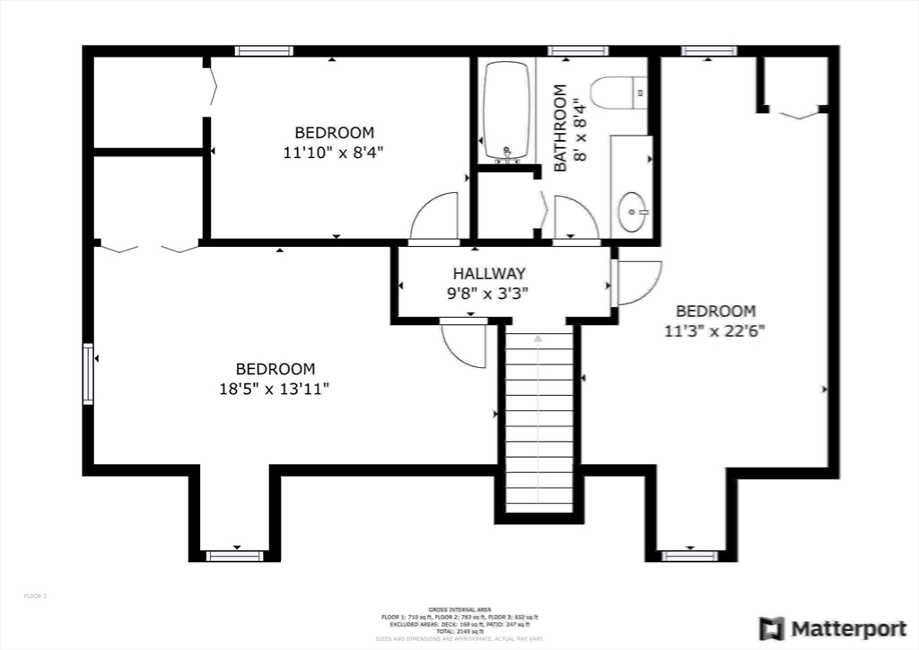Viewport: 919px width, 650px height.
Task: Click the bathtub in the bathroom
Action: pos(508,112)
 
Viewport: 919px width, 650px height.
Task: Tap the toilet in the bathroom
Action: pos(619,93)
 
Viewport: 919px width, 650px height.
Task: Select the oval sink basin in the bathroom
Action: pos(634,212)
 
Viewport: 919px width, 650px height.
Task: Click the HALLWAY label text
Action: pos(489,273)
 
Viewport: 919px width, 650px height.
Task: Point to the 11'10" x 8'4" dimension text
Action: pos(334,153)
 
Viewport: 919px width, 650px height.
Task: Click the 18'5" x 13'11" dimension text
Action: pos(276,389)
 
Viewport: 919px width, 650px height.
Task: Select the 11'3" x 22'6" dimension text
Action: pos(714,329)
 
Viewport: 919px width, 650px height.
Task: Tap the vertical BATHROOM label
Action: pos(560,127)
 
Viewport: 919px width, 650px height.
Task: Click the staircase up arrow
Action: pos(538,340)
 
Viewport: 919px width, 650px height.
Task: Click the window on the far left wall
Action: pos(88,373)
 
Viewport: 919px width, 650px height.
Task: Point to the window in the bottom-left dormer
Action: pos(235,556)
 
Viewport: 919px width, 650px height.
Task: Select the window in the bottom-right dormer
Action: pos(690,556)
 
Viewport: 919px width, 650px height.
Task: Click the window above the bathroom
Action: pos(578,51)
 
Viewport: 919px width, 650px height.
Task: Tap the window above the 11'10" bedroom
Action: pos(264,51)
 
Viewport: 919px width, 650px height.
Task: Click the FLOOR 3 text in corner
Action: pos(35,596)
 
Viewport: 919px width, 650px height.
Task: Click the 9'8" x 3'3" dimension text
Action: pos(489,292)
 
